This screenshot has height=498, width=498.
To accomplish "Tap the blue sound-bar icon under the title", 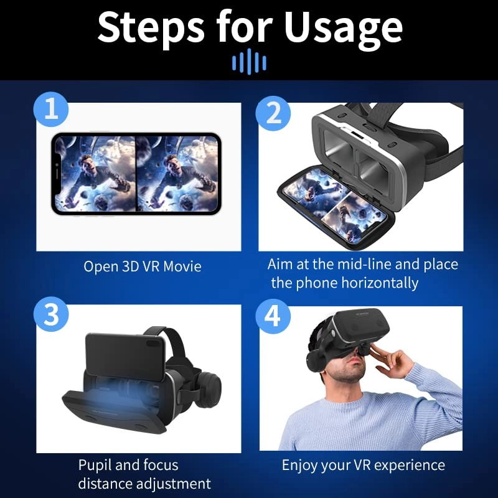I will point(249,61).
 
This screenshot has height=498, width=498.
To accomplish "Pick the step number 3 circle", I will point(51,315).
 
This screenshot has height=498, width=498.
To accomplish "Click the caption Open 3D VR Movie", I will point(143,266).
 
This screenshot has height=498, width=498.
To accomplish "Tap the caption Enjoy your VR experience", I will point(363,465).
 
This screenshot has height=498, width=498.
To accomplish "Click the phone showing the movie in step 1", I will point(136,174).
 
